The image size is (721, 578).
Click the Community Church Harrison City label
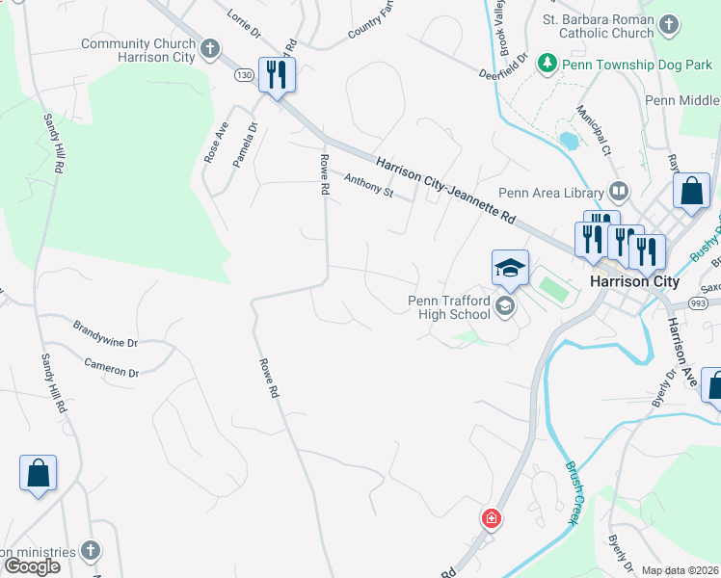tap(138, 50)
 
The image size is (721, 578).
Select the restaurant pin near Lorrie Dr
tap(277, 75)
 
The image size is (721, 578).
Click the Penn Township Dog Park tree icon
tap(547, 63)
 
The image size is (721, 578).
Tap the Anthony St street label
tap(369, 185)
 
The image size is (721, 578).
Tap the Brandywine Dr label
tap(105, 333)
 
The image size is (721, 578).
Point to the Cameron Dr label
tap(112, 367)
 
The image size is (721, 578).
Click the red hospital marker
tap(492, 519)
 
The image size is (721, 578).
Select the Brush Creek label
tap(572, 491)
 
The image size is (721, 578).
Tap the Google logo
tap(32, 565)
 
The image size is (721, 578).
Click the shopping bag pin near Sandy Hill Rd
tap(38, 473)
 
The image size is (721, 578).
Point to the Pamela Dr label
tap(245, 143)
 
